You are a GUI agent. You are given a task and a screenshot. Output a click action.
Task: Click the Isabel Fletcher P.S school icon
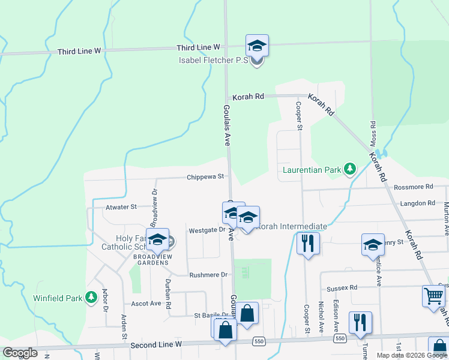257,46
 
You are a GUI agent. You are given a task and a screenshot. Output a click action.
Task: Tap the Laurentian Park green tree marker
349,170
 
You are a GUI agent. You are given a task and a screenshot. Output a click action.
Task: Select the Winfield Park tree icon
91,297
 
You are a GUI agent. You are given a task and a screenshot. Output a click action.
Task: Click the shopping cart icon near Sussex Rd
432,296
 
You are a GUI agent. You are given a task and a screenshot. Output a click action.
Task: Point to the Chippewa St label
205,177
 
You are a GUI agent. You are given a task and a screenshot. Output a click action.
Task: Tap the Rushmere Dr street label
209,275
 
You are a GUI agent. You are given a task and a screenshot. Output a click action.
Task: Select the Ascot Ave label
146,304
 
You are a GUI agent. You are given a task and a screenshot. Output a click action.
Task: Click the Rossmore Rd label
413,187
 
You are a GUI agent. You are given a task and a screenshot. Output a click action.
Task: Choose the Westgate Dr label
206,230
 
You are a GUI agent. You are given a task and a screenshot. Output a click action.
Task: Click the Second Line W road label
156,345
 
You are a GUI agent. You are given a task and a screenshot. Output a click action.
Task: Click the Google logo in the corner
20,353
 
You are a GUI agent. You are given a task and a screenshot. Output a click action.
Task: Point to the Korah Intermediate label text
292,227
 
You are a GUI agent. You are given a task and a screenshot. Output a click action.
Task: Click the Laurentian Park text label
312,170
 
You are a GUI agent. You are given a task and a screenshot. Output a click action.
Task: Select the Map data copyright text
412,355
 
